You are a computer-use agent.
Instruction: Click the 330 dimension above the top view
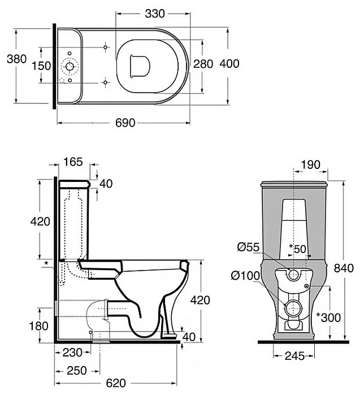[155, 14]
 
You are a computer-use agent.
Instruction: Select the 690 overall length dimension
[125, 123]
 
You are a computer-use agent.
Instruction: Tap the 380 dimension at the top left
[17, 59]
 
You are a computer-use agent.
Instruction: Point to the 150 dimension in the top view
[41, 66]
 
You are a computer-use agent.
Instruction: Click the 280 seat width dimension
[203, 64]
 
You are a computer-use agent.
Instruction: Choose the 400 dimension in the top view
[229, 63]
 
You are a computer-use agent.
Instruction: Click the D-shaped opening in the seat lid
[140, 66]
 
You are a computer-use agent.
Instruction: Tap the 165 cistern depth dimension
[73, 162]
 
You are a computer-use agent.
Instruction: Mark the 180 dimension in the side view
[38, 326]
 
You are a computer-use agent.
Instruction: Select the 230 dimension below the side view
[72, 353]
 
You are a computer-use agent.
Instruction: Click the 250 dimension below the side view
[77, 371]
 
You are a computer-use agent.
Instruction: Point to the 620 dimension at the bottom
[116, 383]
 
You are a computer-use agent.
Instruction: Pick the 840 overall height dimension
[344, 268]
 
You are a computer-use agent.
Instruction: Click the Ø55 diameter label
[249, 247]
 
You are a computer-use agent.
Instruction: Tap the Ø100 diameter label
[245, 276]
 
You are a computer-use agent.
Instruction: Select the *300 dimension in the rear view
[329, 317]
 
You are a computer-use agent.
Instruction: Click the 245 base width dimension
[294, 356]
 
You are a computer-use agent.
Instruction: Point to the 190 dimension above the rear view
[311, 165]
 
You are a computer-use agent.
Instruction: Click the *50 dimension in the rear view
[298, 249]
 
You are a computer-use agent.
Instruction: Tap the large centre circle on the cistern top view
[70, 67]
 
